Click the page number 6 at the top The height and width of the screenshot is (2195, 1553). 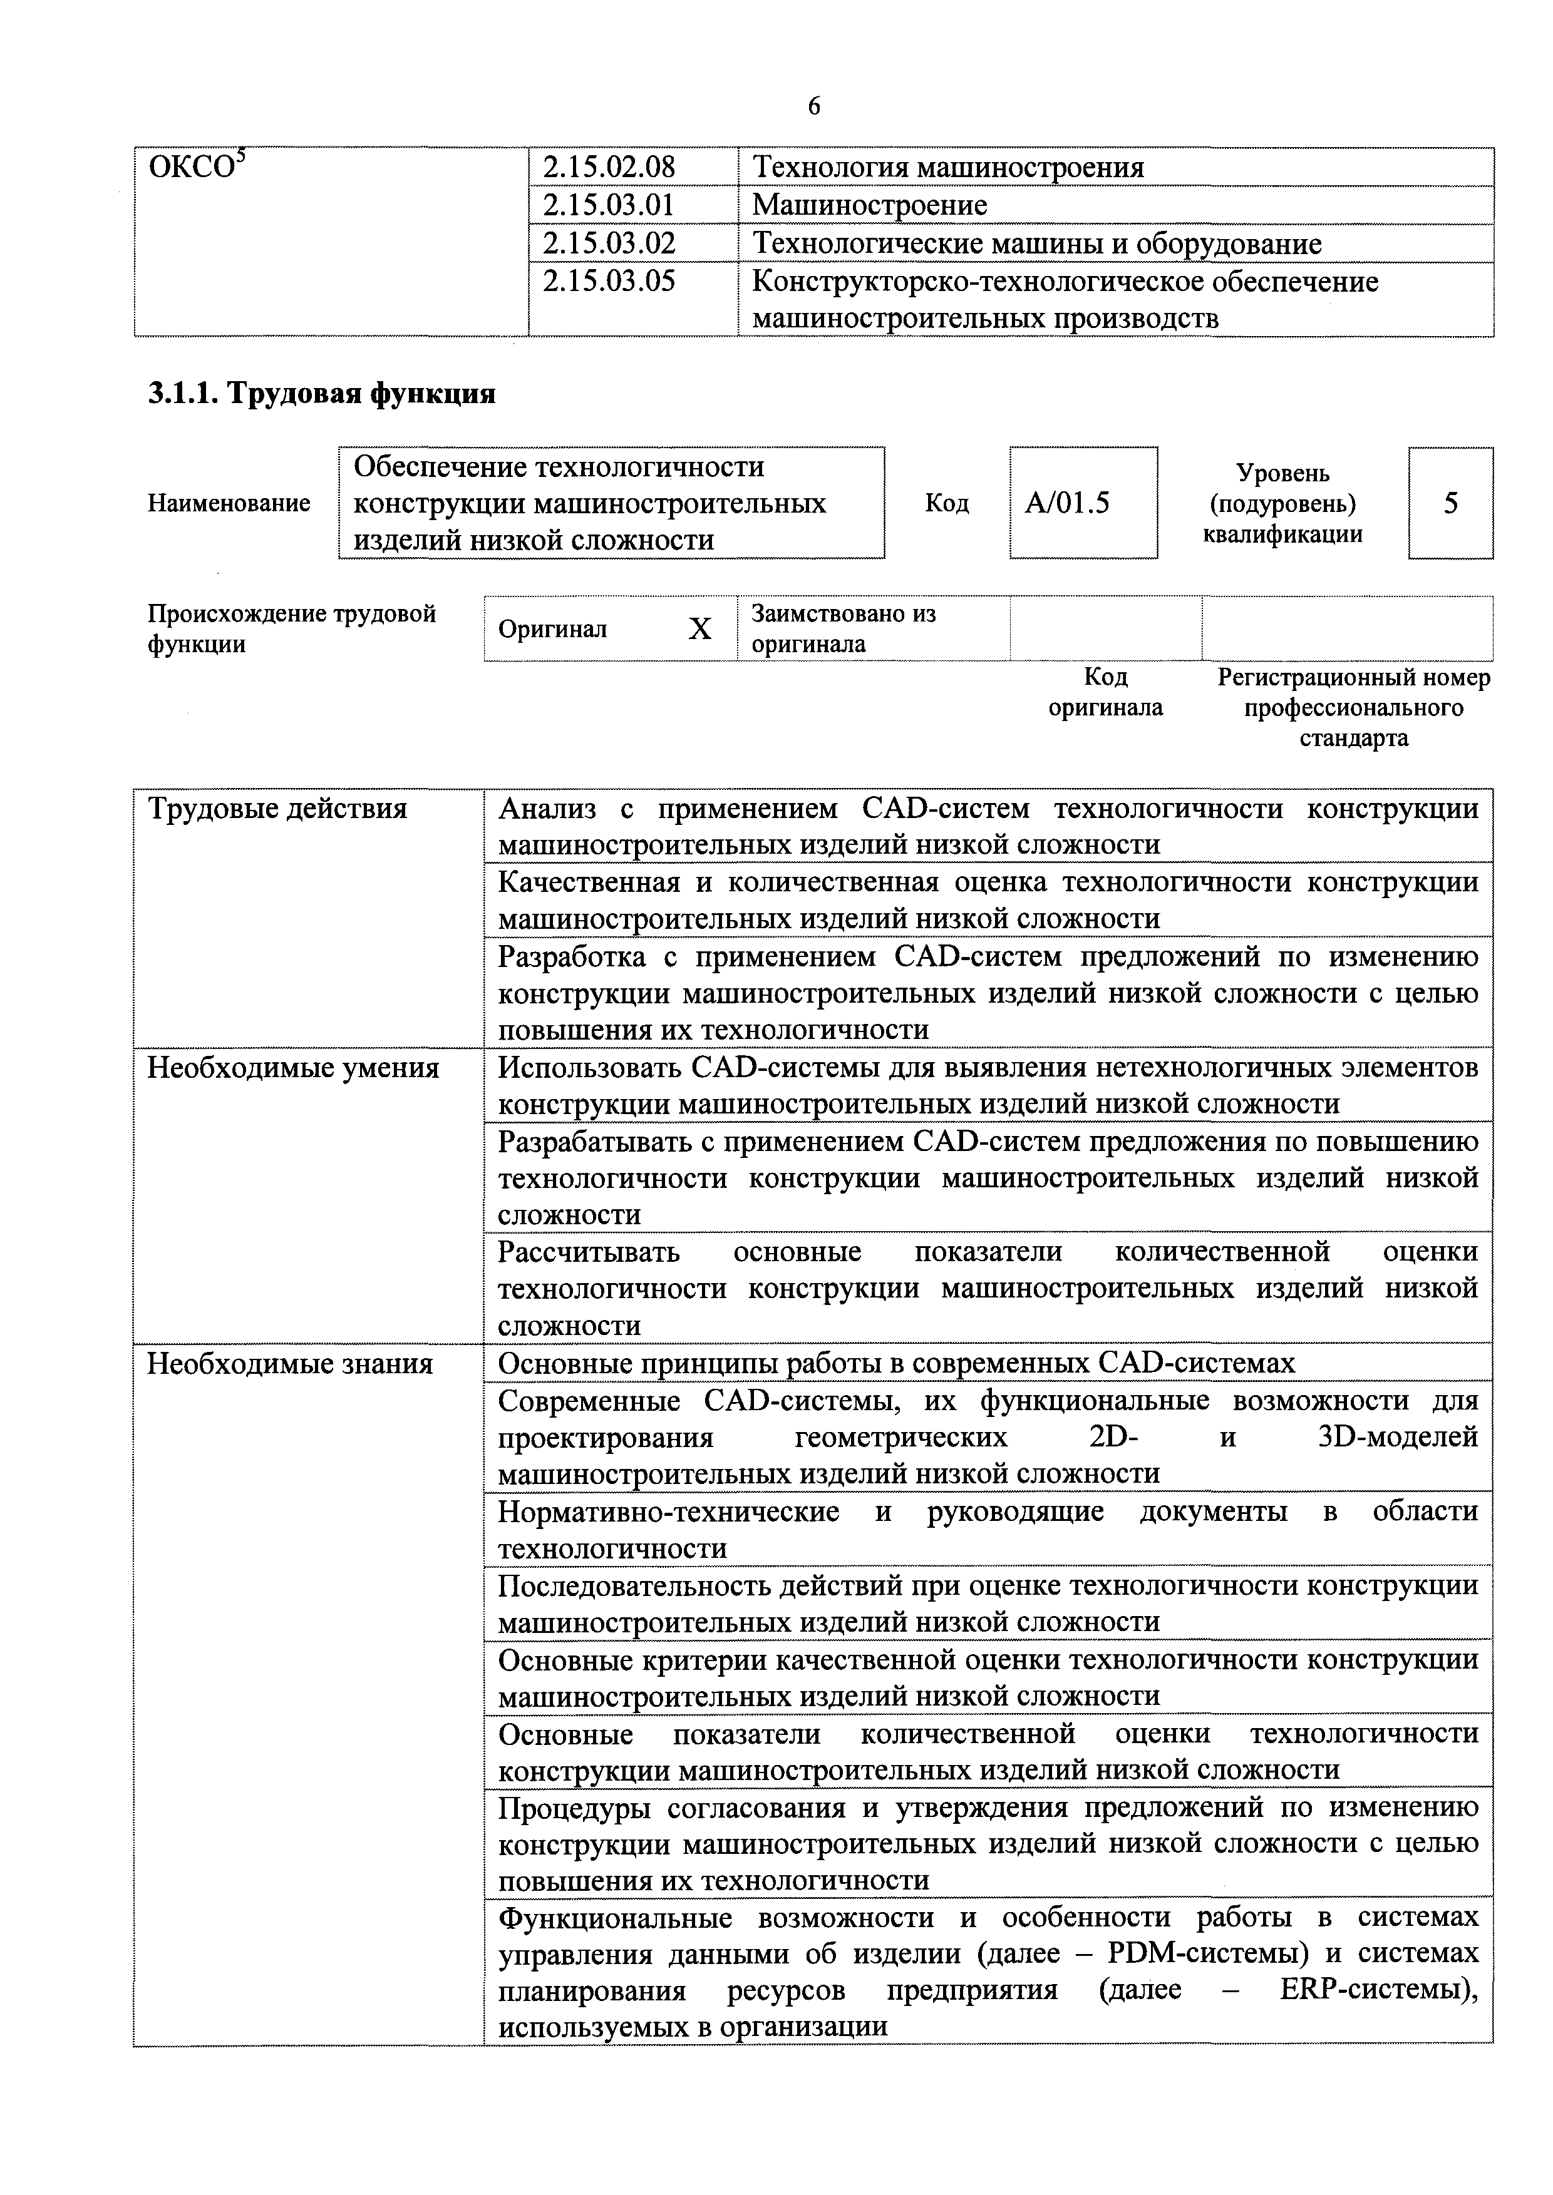coord(814,106)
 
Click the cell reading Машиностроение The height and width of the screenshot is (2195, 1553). coord(869,205)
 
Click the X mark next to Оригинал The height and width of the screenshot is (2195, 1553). coord(700,629)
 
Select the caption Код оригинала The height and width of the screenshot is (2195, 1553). coord(1105,692)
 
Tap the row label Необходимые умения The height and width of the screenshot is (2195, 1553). coord(292,1068)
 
